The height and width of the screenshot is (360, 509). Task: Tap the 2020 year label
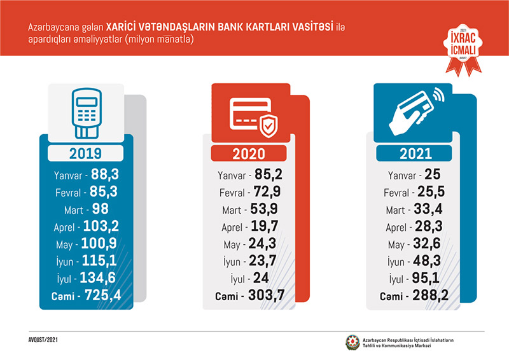249,154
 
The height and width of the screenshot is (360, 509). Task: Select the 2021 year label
415,154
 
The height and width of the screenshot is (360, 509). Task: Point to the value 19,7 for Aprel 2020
270,227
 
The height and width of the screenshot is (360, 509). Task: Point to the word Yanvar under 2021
403,175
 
